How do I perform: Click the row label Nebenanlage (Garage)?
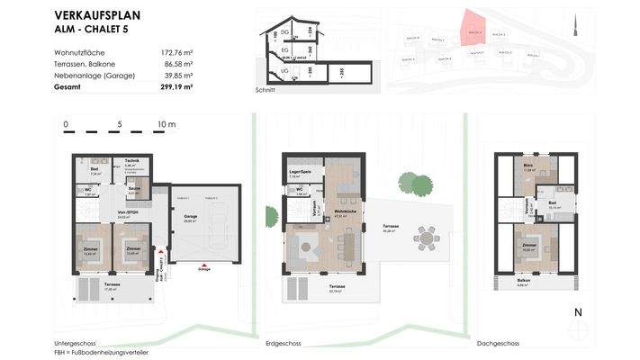click(95, 76)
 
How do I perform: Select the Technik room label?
click(131, 162)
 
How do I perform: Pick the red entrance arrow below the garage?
click(204, 264)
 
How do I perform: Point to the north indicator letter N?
click(580, 312)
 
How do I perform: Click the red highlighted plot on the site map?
click(471, 30)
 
